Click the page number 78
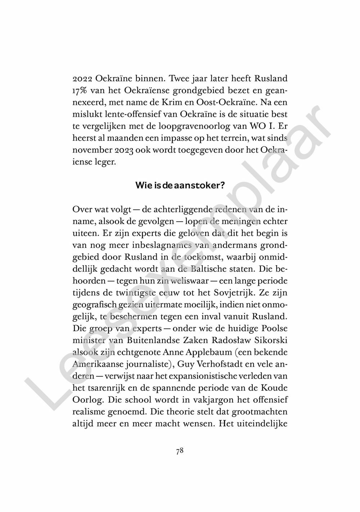pos(180,451)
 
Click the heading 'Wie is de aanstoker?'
pos(180,185)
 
